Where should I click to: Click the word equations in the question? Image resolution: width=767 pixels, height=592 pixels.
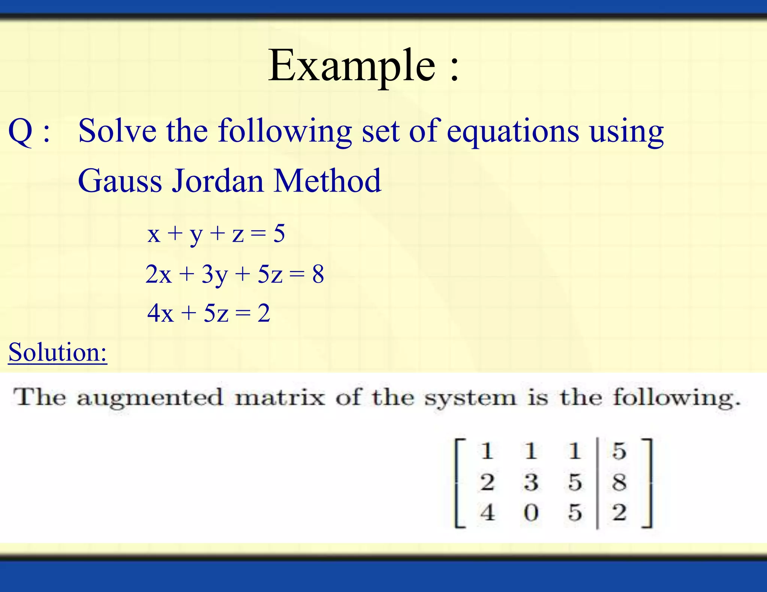pyautogui.click(x=513, y=132)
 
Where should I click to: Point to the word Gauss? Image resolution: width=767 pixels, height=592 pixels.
pyautogui.click(x=119, y=181)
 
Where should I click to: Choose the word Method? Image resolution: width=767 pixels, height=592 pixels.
pyautogui.click(x=327, y=181)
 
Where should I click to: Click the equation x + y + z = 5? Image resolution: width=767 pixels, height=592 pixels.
pyautogui.click(x=216, y=234)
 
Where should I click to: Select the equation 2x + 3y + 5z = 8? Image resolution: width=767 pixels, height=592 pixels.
pyautogui.click(x=234, y=274)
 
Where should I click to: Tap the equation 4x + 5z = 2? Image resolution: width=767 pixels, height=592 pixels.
pyautogui.click(x=209, y=313)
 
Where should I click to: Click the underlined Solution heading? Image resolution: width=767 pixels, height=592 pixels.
pyautogui.click(x=58, y=352)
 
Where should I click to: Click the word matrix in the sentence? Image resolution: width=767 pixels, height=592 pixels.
pyautogui.click(x=279, y=397)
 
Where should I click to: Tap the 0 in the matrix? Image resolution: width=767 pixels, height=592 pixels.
pyautogui.click(x=531, y=512)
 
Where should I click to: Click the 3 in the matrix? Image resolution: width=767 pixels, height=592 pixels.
pyautogui.click(x=531, y=482)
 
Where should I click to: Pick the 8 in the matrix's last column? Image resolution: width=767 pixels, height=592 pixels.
pyautogui.click(x=619, y=482)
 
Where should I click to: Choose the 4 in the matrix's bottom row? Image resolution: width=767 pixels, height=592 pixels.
pyautogui.click(x=487, y=512)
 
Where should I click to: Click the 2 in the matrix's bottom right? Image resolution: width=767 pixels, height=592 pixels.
pyautogui.click(x=619, y=512)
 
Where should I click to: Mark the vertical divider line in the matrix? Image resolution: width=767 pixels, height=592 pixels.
pyautogui.click(x=597, y=483)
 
